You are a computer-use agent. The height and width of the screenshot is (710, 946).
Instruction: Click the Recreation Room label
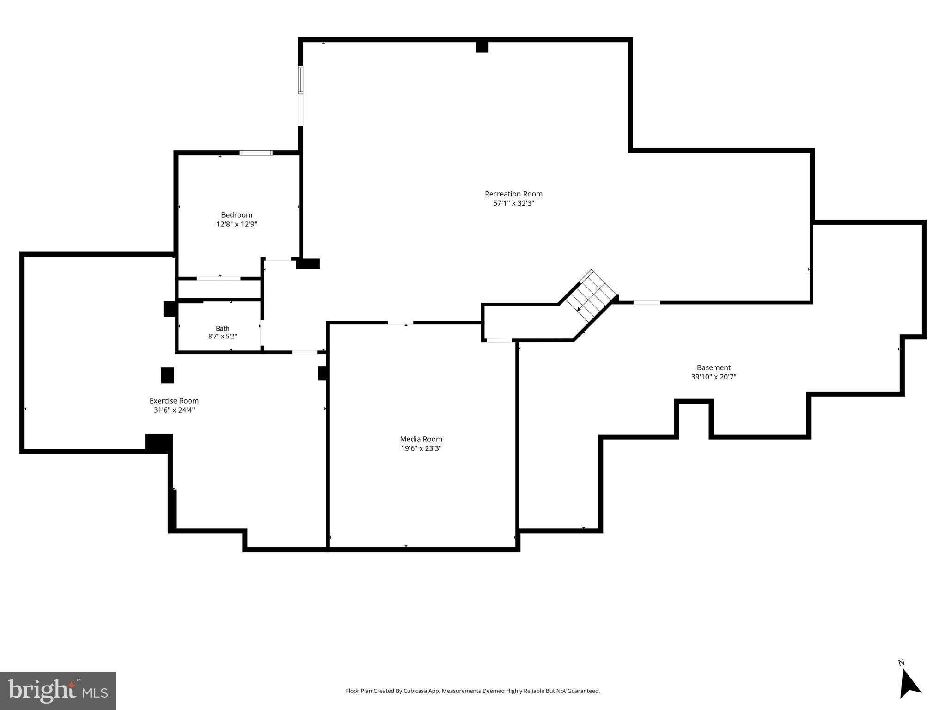click(513, 194)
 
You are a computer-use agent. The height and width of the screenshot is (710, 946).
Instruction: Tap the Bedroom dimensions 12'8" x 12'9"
click(237, 224)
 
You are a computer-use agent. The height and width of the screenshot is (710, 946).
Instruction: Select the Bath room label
click(222, 328)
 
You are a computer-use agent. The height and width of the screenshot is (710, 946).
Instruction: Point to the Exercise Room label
click(174, 401)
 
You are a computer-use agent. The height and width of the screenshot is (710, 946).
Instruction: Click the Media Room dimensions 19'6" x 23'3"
click(421, 448)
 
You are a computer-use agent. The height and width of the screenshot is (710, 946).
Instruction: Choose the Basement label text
click(714, 367)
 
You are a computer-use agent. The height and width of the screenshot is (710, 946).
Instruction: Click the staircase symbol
click(592, 296)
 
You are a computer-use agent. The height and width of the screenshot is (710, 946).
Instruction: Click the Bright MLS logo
click(58, 691)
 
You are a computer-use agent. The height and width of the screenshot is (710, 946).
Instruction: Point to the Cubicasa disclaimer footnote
click(473, 691)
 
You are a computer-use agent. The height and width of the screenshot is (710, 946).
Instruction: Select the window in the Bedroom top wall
click(256, 153)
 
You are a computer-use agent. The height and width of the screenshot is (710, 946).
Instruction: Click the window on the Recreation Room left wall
click(300, 80)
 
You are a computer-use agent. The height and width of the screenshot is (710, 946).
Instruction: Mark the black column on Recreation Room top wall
click(482, 47)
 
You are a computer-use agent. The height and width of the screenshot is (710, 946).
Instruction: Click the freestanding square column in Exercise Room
click(167, 375)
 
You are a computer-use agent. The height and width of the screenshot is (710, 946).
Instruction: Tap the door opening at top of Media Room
click(400, 323)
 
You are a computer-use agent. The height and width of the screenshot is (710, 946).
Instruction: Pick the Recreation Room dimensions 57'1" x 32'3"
click(513, 203)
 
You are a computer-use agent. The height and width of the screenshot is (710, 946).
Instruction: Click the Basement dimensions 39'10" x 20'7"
click(714, 377)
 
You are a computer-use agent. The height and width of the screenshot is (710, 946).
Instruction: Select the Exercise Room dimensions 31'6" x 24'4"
click(174, 410)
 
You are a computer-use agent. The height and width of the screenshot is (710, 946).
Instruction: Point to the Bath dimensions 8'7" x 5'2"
click(222, 337)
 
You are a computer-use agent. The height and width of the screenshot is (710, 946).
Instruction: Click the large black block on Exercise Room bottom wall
click(159, 443)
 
